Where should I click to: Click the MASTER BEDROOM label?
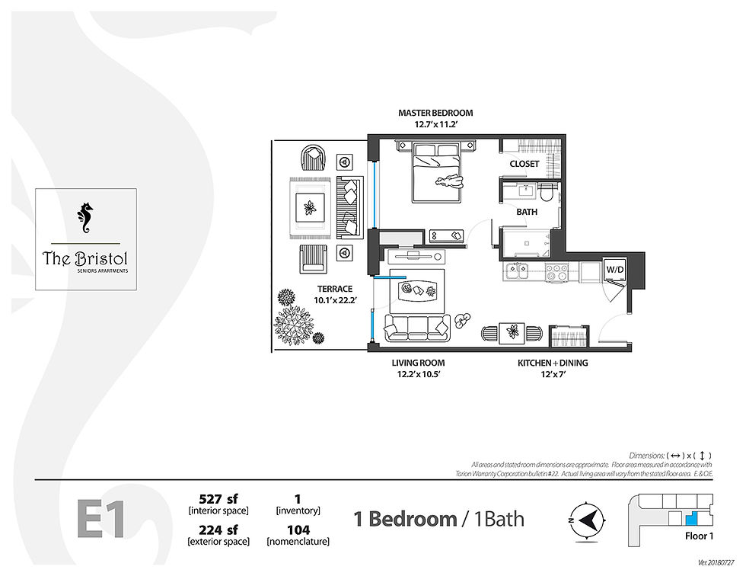pos(435,114)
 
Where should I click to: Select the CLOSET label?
pos(524,164)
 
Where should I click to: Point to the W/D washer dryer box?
pos(614,270)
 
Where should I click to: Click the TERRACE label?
pos(335,289)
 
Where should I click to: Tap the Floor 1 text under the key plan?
pos(698,536)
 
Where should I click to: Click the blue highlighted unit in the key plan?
pos(691,518)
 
